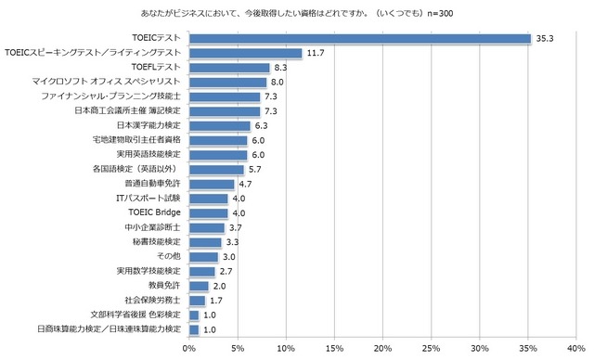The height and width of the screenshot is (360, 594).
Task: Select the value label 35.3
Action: coord(545,38)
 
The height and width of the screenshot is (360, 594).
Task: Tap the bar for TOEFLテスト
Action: coord(229,68)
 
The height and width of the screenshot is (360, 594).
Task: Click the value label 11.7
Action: coord(316,53)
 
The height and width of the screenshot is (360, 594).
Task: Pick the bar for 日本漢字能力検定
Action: coord(220,125)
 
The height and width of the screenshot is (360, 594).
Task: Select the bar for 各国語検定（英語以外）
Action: coord(216,169)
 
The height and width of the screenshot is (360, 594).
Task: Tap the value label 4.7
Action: coord(246,184)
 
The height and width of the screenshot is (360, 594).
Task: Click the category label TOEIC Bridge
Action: coord(154,212)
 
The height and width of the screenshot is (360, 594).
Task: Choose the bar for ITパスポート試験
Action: coord(209,198)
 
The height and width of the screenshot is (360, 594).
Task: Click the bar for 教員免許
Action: coord(199,285)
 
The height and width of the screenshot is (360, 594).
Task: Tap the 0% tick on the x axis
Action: coord(189,348)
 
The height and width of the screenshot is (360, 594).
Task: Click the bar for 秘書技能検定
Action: coord(205,241)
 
